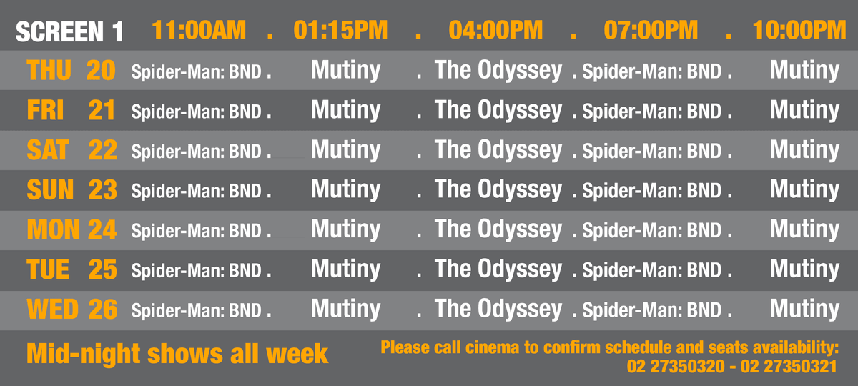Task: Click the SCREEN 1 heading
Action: [x=69, y=31]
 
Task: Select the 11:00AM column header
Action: [x=199, y=30]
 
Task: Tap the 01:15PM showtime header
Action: [x=340, y=30]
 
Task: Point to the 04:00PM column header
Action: [x=495, y=30]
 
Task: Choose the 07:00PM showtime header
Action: [x=651, y=30]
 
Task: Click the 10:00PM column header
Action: [x=799, y=30]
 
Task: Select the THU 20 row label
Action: [x=71, y=70]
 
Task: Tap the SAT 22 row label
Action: [x=72, y=149]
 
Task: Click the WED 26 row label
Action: [x=72, y=309]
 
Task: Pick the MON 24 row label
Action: [x=71, y=229]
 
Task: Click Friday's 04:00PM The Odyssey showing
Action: [x=498, y=110]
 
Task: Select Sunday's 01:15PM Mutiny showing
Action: [x=345, y=190]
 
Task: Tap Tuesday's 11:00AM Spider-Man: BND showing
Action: [x=197, y=270]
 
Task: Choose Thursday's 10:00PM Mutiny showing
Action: [x=804, y=71]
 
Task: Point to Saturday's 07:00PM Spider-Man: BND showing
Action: [x=652, y=151]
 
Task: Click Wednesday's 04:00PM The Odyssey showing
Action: [x=498, y=310]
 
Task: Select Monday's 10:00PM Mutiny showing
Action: [x=804, y=229]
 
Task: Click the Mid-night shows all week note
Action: [x=177, y=354]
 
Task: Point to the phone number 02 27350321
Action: [x=789, y=367]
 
